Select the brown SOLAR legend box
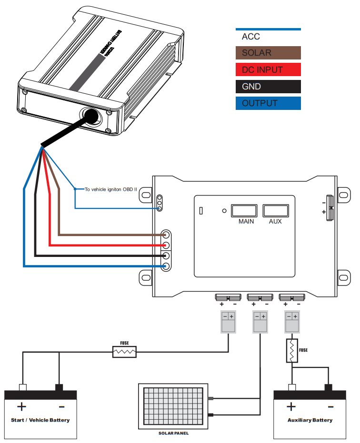(x=268, y=53)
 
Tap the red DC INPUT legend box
(x=268, y=69)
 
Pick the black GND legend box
(x=268, y=86)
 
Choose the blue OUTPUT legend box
(x=268, y=103)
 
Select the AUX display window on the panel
(x=275, y=211)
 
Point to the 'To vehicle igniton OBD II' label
(x=110, y=189)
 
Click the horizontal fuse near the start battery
(x=124, y=352)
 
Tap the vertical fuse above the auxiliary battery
(x=291, y=351)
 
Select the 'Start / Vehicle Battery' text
(x=40, y=420)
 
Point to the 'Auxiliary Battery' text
(x=310, y=420)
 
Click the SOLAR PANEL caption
(x=173, y=433)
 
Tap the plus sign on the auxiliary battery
(x=291, y=407)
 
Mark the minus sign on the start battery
(x=61, y=407)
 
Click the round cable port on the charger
(x=90, y=115)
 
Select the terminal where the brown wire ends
(x=166, y=235)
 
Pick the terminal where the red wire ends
(x=166, y=246)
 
